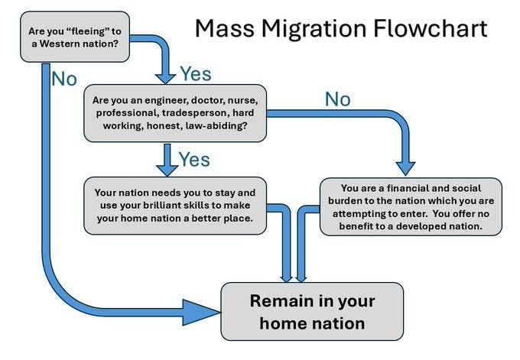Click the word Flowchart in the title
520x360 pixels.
(x=431, y=28)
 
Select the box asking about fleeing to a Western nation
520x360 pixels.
(x=75, y=37)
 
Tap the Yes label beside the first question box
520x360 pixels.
(x=196, y=73)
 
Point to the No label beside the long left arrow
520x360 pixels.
(x=64, y=79)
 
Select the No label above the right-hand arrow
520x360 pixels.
(x=337, y=99)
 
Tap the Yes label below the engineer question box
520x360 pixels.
(x=194, y=160)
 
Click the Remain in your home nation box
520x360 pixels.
(x=313, y=312)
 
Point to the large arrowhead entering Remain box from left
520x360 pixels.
(x=200, y=313)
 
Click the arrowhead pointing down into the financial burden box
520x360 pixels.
(x=405, y=168)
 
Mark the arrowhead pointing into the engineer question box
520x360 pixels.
(x=165, y=78)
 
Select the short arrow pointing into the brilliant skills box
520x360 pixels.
(x=167, y=160)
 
